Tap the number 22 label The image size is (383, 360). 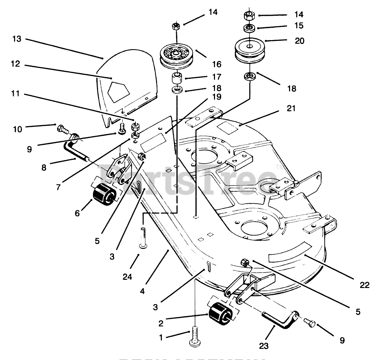365,285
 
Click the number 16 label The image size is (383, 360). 217,64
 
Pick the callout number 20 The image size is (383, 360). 299,41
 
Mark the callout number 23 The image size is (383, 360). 268,346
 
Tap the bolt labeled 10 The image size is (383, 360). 61,129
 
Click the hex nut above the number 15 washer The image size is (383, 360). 249,15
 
